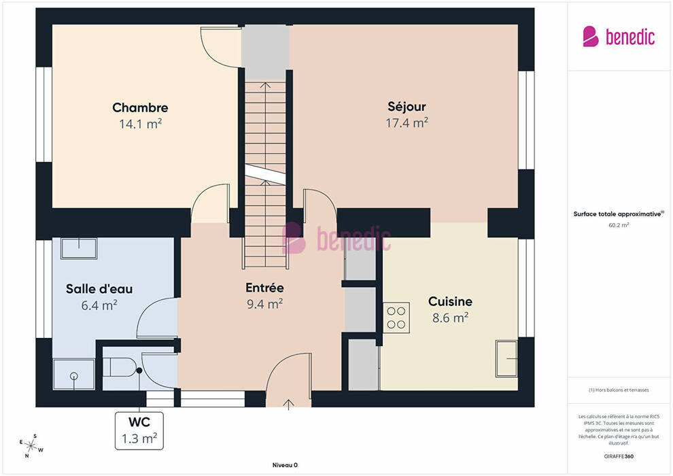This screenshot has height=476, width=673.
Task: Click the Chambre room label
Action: click(140, 107)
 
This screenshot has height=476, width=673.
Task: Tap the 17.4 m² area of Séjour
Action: click(407, 123)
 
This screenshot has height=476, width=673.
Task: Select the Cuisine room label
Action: click(450, 301)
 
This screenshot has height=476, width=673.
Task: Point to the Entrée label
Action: click(264, 288)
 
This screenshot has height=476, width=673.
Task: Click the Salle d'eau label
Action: click(99, 289)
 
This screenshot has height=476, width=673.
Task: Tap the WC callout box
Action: click(139, 430)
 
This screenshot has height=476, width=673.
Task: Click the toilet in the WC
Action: click(120, 367)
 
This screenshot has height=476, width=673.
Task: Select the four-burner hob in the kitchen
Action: click(396, 318)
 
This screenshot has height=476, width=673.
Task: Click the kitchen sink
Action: click(506, 358)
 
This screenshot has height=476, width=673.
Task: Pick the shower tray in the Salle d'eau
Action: click(74, 374)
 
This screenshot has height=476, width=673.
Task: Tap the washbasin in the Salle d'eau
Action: click(79, 248)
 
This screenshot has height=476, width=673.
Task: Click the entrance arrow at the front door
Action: click(288, 405)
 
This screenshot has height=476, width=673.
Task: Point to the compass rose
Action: click(31, 446)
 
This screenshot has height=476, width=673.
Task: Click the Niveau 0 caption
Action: click(285, 465)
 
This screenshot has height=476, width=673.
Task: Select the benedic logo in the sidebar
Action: click(619, 37)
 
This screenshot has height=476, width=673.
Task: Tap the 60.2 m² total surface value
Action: click(619, 225)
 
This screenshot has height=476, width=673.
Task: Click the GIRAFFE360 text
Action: click(619, 456)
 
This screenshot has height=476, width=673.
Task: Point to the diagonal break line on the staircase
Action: click(265, 174)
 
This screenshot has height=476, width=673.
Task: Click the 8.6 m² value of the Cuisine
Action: click(450, 318)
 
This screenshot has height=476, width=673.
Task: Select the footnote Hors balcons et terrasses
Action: click(619, 390)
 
